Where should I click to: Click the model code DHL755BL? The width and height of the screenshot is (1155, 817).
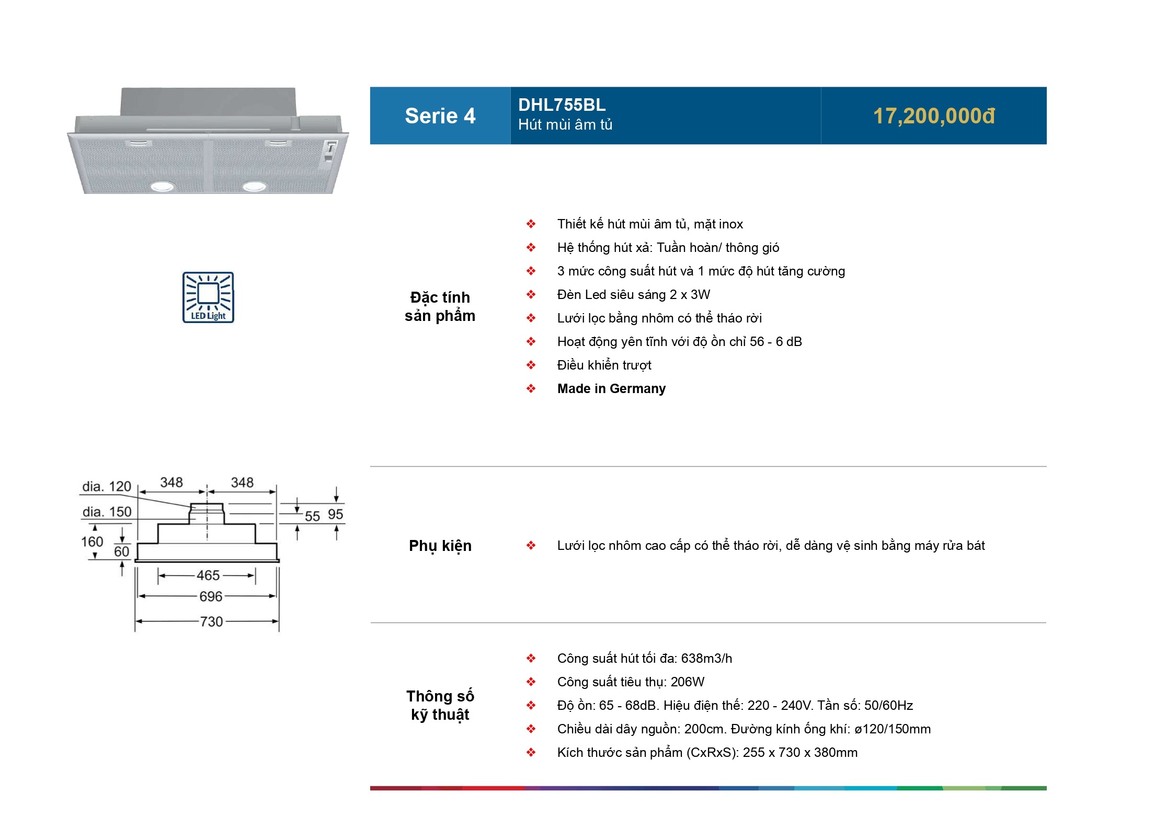point(562,105)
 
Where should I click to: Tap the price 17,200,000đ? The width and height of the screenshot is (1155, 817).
point(934,116)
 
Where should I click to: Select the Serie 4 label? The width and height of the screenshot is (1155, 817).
point(440,116)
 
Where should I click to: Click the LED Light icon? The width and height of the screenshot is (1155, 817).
point(208,297)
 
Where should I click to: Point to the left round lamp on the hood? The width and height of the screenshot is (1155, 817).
point(162,186)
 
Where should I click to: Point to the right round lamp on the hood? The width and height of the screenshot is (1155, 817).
point(254,186)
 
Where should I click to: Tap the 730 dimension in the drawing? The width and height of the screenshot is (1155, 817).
point(211,622)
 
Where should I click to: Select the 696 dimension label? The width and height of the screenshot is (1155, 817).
point(211,596)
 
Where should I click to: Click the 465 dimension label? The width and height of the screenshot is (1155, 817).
point(208,576)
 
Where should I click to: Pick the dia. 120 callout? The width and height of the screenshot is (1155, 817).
point(107,487)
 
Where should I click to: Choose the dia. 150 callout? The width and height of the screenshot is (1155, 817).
point(107,512)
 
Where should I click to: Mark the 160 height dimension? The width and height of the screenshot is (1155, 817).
point(92,542)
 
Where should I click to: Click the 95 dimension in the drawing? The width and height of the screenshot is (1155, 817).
point(335,514)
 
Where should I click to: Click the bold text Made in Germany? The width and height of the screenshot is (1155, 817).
point(611,389)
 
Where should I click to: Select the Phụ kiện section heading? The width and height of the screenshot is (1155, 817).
point(440,546)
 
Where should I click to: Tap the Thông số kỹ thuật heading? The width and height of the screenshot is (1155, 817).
point(440,705)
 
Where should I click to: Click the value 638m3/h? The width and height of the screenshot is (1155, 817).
point(706,659)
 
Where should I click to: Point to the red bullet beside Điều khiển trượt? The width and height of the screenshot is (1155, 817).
point(531,365)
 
